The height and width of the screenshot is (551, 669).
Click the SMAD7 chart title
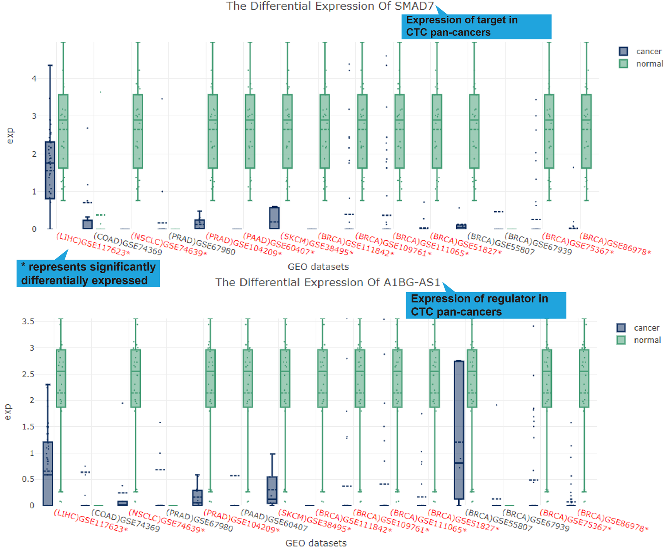[330, 6]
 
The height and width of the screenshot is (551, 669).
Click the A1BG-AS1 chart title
[328, 282]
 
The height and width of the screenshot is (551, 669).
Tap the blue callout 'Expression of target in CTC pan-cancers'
[476, 26]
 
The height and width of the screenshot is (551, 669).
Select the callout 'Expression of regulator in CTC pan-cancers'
[485, 305]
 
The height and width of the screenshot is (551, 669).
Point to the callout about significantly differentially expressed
[88, 274]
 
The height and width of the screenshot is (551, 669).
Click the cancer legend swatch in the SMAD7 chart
[623, 51]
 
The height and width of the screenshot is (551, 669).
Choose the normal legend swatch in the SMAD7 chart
[623, 64]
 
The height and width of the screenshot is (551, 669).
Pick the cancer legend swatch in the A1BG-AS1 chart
[621, 328]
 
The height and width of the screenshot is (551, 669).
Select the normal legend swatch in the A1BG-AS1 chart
[621, 340]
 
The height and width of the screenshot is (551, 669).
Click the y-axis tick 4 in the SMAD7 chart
[34, 79]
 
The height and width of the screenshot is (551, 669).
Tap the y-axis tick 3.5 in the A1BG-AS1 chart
[28, 322]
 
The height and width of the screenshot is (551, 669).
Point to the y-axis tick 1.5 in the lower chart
[28, 427]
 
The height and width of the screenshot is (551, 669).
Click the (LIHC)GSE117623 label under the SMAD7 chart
[93, 245]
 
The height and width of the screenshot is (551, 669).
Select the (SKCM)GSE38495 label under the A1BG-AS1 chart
[315, 521]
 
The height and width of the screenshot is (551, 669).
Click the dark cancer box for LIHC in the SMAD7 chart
[50, 170]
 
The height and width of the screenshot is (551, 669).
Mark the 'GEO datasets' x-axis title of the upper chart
[318, 267]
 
